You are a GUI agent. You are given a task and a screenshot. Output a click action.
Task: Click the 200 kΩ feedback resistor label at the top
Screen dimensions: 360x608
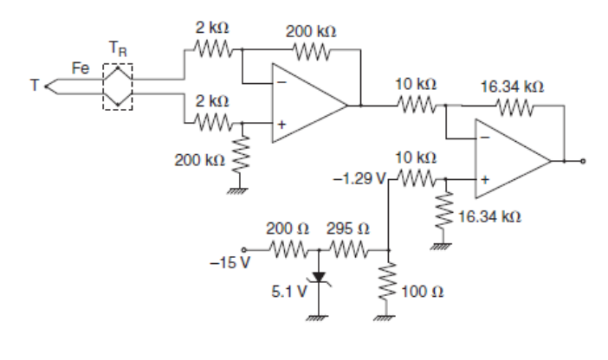311,31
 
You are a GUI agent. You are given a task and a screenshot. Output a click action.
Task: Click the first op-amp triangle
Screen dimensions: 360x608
307,106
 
